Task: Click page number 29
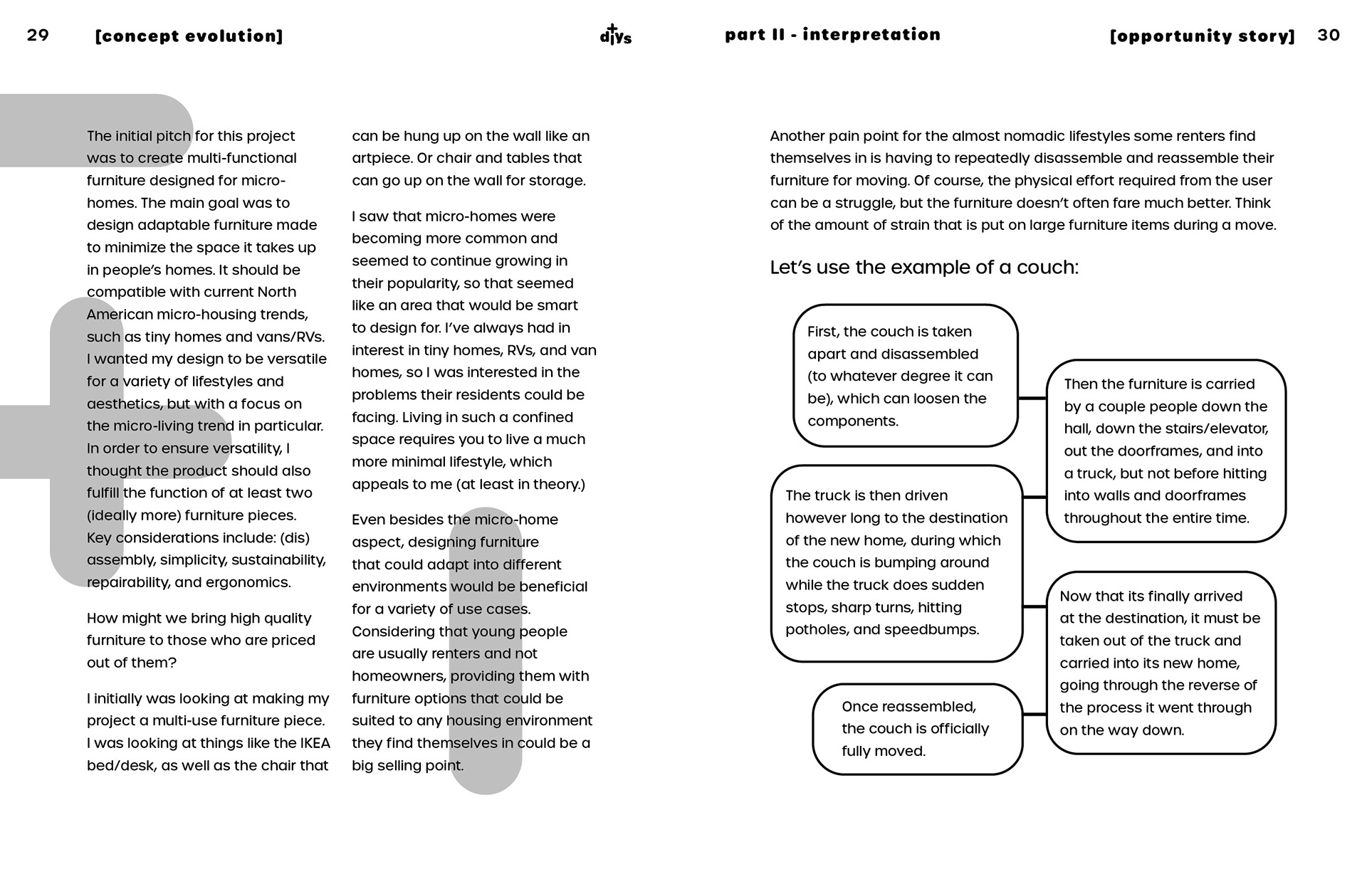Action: (38, 35)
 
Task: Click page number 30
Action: (1329, 35)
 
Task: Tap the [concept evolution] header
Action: (189, 36)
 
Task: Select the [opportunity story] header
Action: (1203, 36)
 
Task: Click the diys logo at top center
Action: (615, 35)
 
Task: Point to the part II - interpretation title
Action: (832, 35)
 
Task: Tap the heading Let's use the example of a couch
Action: (924, 268)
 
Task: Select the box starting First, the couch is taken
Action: (905, 376)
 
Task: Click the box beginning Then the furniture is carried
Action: (1166, 451)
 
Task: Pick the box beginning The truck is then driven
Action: (896, 562)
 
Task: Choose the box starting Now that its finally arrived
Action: (1160, 663)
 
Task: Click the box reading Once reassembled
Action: (917, 729)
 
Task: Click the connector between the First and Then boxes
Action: (1032, 399)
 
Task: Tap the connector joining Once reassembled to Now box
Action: (1035, 714)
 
